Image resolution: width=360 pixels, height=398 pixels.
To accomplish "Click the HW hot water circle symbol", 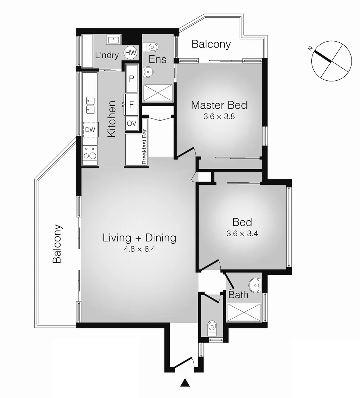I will coord(130,53).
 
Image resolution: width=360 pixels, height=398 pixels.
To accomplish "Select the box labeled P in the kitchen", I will coord(131,78).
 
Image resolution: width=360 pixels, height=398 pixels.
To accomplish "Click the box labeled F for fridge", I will coord(131,104).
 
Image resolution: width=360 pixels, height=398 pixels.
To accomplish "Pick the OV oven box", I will coord(132,123).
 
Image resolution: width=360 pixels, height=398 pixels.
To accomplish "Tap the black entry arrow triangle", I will coord(185,384).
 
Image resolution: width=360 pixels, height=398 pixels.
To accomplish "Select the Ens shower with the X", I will coord(157,92).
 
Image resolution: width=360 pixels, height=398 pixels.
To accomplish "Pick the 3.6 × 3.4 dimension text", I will coord(242,234).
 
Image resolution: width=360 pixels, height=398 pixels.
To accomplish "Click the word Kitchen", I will coord(111,119).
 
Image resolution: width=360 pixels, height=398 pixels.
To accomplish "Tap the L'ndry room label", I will coord(106,56).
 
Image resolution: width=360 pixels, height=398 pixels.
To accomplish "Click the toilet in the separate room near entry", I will coord(212,327).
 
